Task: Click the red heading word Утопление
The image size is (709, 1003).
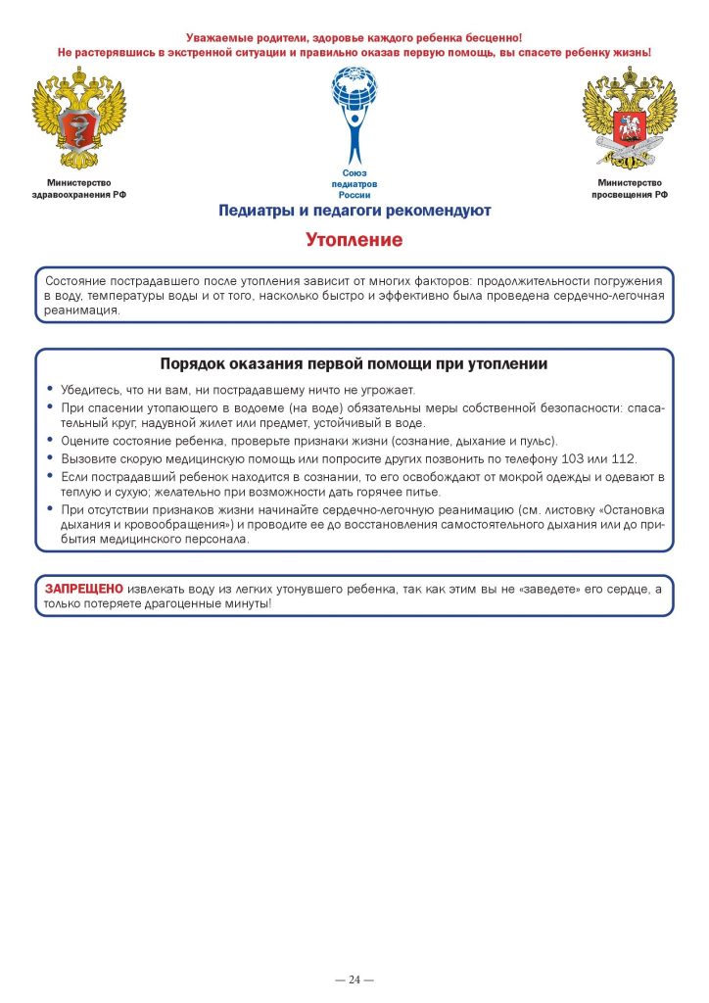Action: coord(354,239)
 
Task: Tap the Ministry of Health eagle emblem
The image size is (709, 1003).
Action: coord(78,119)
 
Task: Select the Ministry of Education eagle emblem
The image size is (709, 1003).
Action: coord(629,119)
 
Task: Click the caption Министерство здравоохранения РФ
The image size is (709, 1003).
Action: coord(79,189)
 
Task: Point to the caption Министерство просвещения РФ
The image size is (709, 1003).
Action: coord(630,189)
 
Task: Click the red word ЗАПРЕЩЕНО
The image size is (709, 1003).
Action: coord(83,589)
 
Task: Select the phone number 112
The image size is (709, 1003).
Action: coord(624,458)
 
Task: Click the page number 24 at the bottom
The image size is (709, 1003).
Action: coord(354,979)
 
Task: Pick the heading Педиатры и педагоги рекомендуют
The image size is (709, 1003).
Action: coord(354,211)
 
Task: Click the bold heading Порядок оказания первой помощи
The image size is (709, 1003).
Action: coord(354,363)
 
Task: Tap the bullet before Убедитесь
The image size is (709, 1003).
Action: coord(50,388)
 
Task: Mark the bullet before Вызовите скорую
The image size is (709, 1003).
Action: coord(50,457)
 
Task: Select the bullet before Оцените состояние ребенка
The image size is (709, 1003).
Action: coord(50,440)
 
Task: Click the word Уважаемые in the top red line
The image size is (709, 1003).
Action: coord(218,37)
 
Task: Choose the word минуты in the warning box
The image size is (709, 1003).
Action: coord(248,603)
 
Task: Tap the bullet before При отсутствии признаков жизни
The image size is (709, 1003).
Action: coord(50,509)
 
